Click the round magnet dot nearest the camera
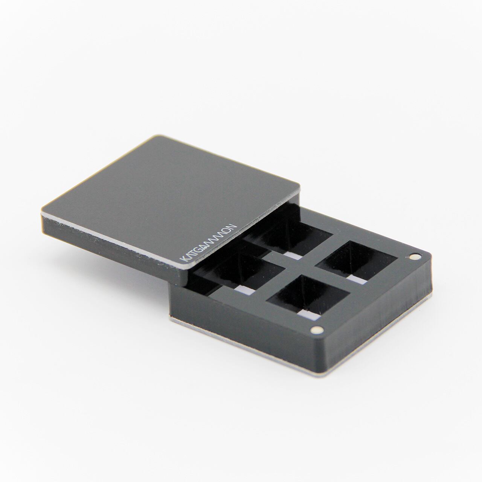click(317, 330)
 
